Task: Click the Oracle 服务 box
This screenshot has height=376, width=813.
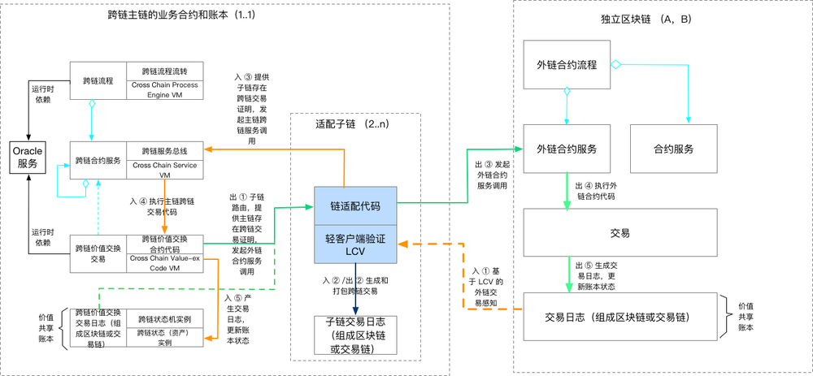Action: coord(27,157)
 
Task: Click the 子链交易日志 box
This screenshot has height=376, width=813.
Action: coord(355,335)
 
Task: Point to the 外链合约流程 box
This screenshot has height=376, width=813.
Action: coord(567,67)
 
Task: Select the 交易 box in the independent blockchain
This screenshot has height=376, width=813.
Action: coord(620,232)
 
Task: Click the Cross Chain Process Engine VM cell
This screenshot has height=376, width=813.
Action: coord(167,90)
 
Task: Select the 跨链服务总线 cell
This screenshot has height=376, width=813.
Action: coord(165,151)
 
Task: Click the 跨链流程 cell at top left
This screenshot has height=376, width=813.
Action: coord(98,81)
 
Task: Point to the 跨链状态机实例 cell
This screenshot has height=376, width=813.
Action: coord(165,319)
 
